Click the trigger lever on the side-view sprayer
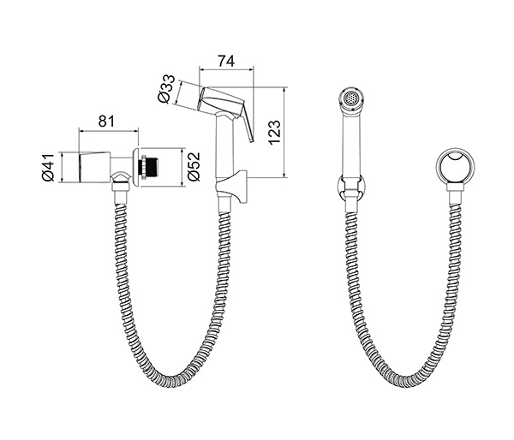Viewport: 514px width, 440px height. [248, 125]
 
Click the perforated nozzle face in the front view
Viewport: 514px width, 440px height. [350, 98]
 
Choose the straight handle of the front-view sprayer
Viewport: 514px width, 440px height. [350, 141]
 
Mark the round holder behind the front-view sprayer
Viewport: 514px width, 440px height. [350, 187]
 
